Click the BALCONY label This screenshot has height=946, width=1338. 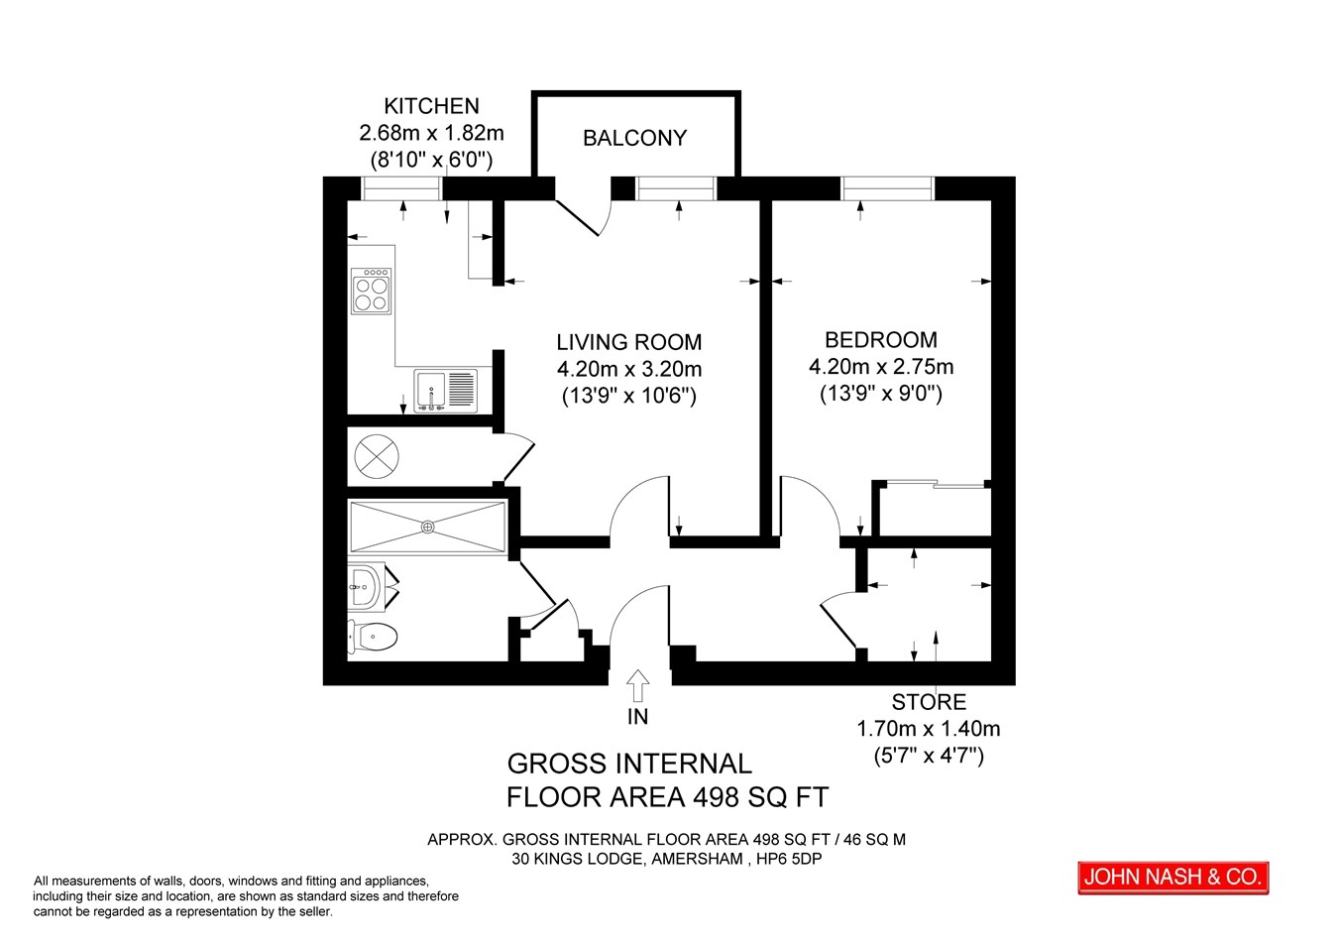point(634,138)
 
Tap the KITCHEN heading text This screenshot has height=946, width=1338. point(431,106)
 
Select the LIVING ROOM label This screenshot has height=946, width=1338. point(629,342)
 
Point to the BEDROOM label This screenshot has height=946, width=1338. point(881,340)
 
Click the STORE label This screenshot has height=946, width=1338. point(929,702)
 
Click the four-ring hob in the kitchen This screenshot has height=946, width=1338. point(371,291)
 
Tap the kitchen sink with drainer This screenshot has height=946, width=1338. point(446,392)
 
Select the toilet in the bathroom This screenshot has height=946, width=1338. point(373,637)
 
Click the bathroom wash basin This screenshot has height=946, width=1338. point(365,587)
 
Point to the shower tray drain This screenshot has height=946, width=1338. point(428,528)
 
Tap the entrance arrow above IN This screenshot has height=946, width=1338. point(638,685)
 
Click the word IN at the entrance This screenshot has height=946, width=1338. point(638,716)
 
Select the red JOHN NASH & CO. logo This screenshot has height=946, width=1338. point(1173,878)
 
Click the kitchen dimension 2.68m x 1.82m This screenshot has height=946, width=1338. point(431,133)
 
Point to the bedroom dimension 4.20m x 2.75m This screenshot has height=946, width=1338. point(881,366)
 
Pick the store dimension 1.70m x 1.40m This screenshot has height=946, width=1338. point(929,729)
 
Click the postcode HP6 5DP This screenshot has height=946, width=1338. point(789,860)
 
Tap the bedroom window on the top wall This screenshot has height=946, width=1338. point(887,188)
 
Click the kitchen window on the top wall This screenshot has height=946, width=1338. point(402,188)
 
